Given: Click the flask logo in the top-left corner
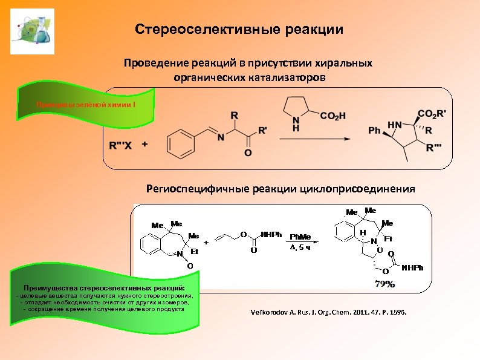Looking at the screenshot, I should [33, 31].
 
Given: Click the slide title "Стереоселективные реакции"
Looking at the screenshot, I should [239, 30].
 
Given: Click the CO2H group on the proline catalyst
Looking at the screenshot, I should [332, 116].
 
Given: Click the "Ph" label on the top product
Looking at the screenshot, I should [375, 130].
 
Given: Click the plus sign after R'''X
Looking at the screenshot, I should [144, 145].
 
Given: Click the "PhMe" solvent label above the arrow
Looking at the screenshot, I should [300, 237].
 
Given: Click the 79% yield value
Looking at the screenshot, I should [384, 283].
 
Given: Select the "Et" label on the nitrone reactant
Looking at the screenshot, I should [195, 250].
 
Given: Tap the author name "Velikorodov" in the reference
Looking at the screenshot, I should [271, 313].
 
